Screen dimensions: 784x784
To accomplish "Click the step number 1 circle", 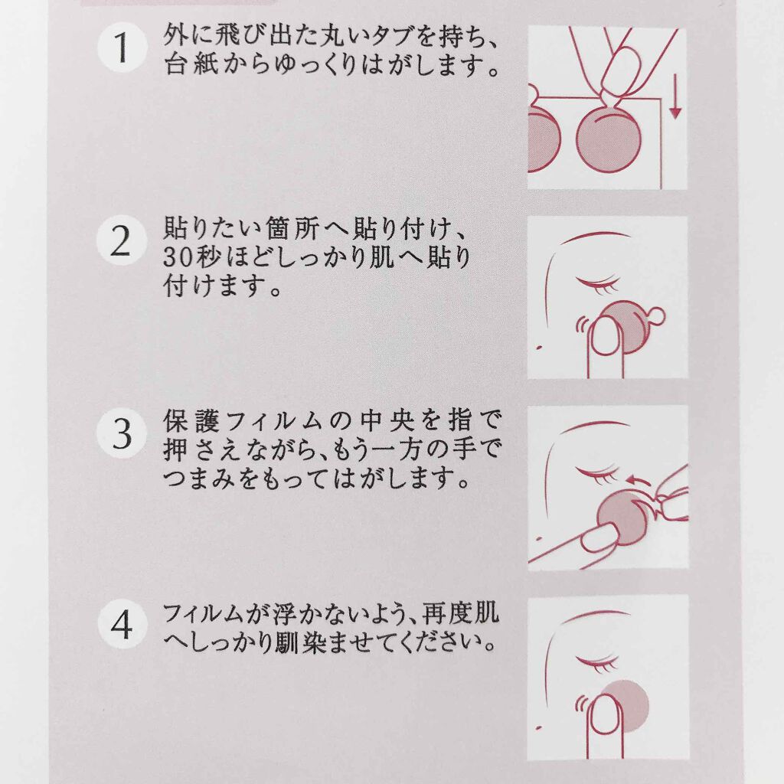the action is point(122,48).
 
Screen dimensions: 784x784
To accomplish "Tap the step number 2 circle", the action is point(122,241).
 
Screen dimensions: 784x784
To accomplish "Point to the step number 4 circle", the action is point(122,624).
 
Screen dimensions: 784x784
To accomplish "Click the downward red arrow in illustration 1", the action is point(675,96).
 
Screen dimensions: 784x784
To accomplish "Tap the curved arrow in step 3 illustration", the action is point(639,481).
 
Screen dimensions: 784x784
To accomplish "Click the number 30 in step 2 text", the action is point(176,259).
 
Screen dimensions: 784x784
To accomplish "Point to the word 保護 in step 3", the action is point(191,422).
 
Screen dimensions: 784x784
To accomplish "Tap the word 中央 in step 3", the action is point(387,422).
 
